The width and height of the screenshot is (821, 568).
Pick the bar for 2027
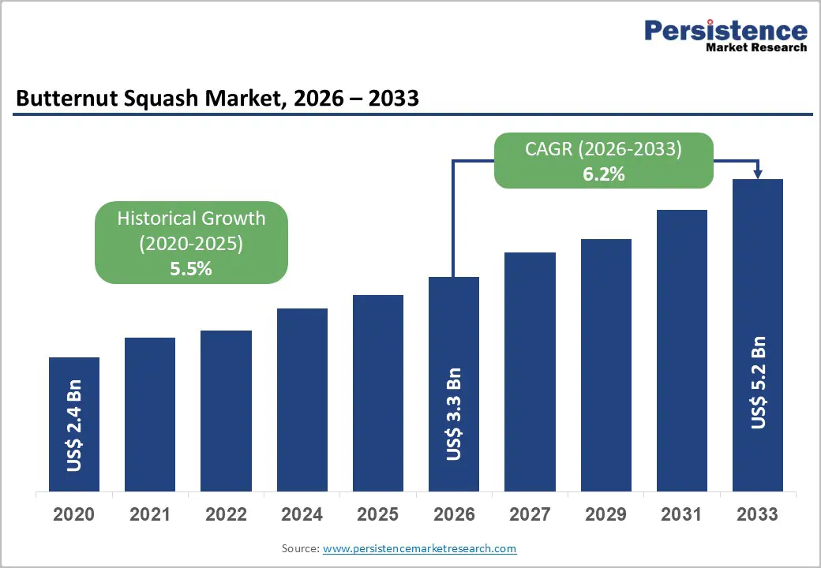(530, 372)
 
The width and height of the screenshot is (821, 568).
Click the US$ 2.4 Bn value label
(74, 427)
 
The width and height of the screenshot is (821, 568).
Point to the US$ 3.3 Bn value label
(453, 414)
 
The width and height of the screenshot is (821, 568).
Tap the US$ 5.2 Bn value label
(758, 383)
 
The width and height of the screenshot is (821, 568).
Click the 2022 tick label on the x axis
(226, 514)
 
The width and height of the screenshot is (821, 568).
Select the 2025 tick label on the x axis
(377, 514)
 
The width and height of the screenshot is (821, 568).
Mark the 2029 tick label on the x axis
(605, 514)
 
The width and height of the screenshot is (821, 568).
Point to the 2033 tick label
(757, 514)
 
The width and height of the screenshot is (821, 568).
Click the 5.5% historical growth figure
(191, 268)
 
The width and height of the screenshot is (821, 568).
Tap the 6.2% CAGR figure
(604, 174)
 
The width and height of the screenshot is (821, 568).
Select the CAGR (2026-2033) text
(604, 149)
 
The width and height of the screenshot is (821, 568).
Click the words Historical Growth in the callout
(191, 219)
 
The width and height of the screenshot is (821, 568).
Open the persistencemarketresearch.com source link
(419, 548)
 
